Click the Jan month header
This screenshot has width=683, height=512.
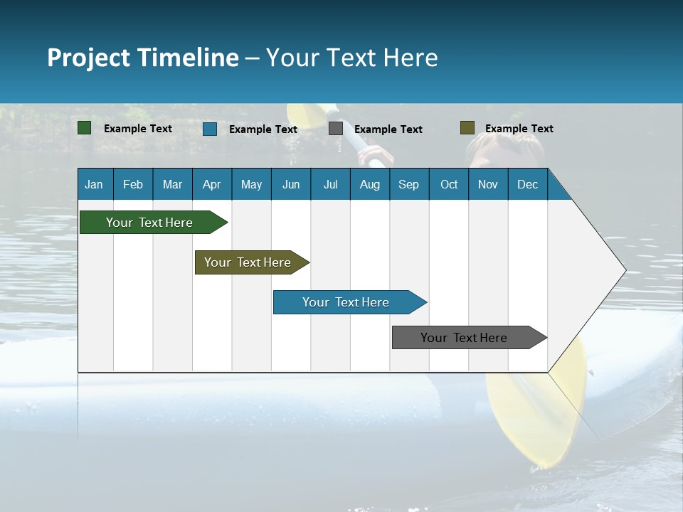94,184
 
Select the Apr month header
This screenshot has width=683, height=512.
211,184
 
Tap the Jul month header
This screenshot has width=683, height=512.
330,184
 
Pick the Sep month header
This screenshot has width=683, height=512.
408,184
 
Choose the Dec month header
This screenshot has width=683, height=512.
527,184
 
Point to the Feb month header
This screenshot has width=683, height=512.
133,184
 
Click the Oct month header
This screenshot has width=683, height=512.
449,184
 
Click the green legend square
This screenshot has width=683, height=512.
85,128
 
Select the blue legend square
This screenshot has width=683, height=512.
210,129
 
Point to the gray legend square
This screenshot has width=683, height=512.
336,129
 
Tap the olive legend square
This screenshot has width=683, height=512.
467,128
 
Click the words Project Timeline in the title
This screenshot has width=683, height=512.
143,58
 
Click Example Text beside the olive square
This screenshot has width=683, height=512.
519,129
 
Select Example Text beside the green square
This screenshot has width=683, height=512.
138,129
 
